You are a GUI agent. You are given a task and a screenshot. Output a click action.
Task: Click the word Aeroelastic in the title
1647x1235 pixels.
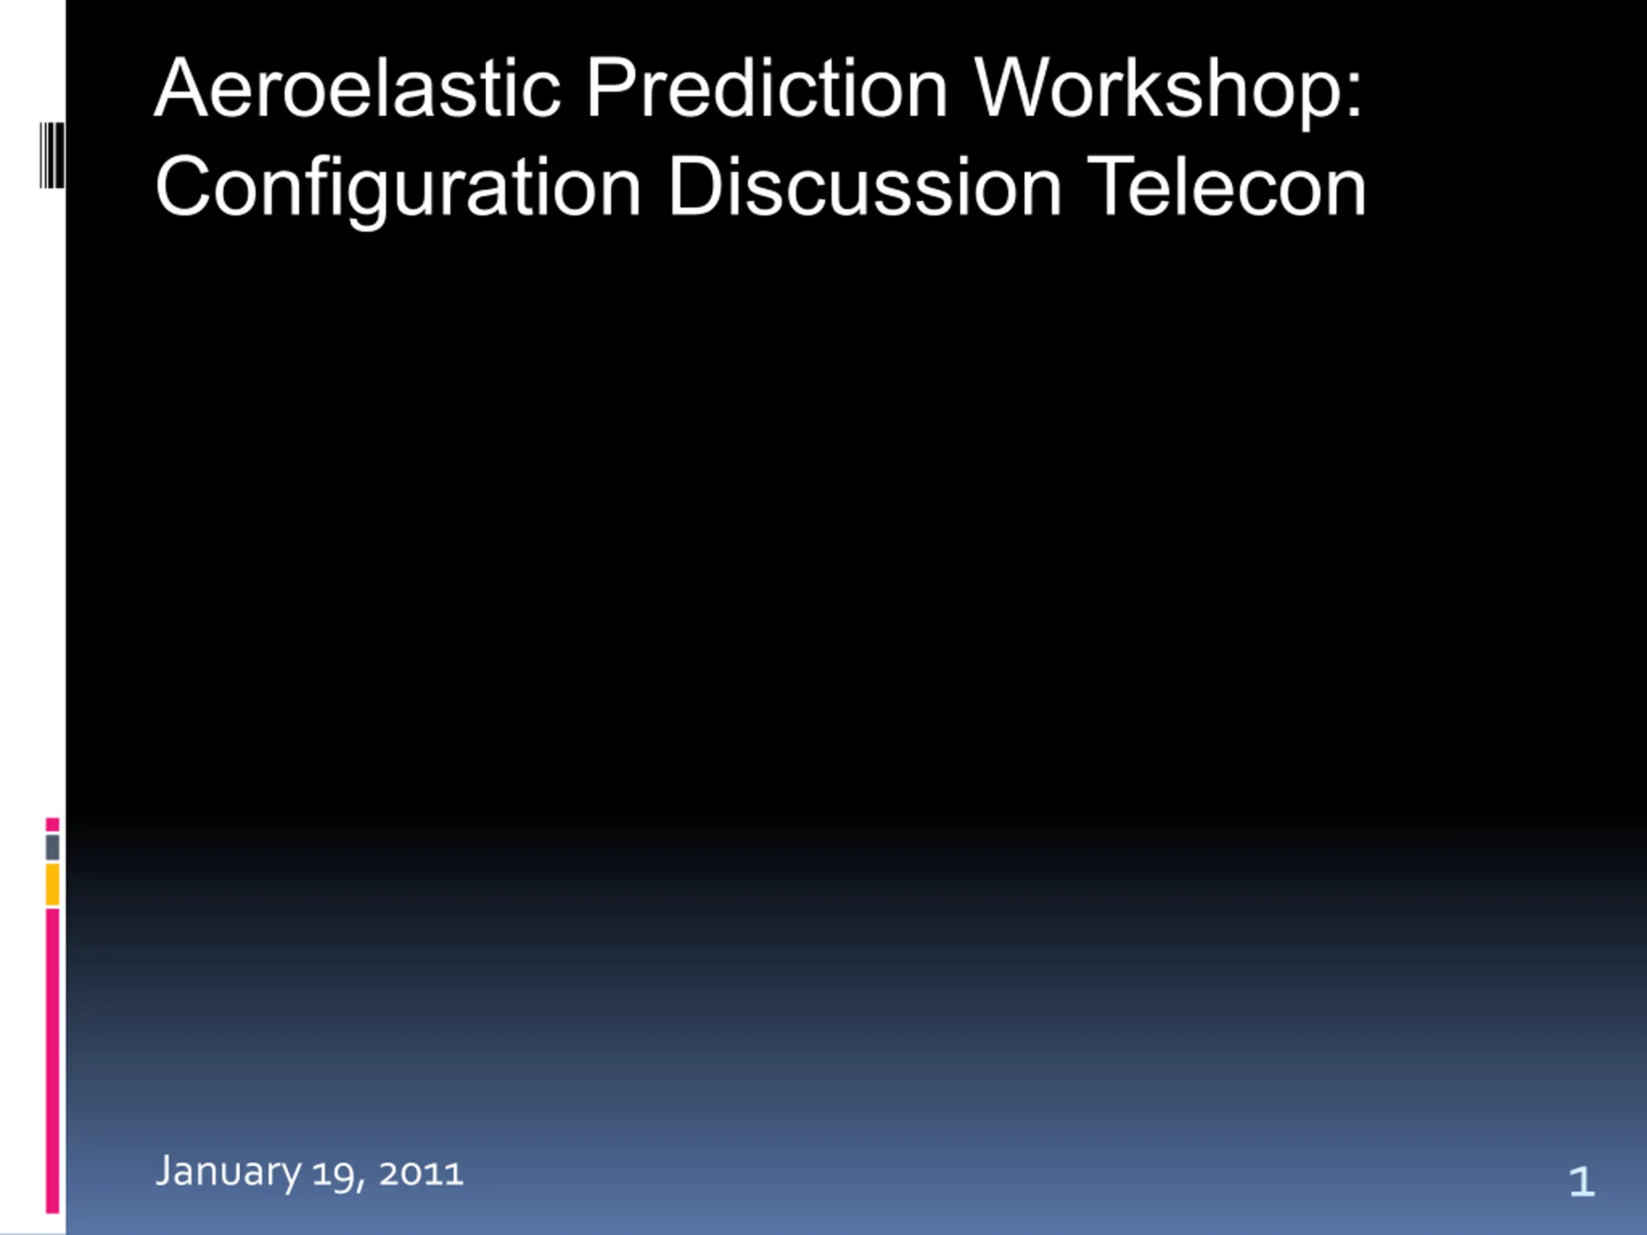point(358,88)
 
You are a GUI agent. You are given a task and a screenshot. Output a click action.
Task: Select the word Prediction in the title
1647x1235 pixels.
point(768,88)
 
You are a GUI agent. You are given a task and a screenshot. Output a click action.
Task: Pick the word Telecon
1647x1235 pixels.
point(1226,186)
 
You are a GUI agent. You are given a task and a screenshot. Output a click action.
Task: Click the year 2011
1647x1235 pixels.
point(421,1174)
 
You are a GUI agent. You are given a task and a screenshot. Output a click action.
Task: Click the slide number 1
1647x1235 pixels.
point(1581,1182)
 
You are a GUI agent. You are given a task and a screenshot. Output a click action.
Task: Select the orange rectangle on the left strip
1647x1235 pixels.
point(52,884)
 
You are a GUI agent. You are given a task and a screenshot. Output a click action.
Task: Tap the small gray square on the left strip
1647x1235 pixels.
point(52,847)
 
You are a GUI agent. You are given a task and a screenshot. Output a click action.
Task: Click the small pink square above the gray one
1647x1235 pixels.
point(52,824)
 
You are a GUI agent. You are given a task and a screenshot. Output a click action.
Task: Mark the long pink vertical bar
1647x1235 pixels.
point(52,1061)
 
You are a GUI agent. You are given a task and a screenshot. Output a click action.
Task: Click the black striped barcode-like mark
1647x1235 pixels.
point(52,156)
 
